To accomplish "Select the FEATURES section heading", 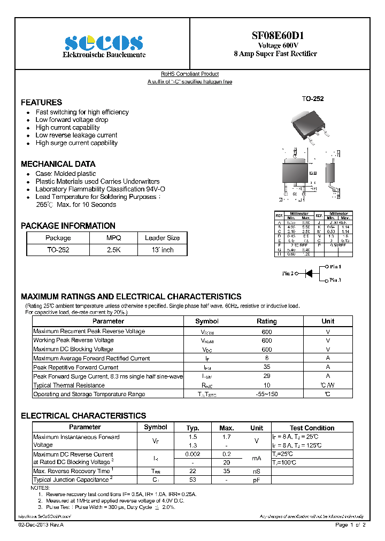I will (x=41, y=102).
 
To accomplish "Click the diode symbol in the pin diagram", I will (x=309, y=273).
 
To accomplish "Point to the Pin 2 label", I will (x=288, y=274).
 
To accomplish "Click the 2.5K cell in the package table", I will (x=113, y=250).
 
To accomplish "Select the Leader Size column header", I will (x=162, y=238).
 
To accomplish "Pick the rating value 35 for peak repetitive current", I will (x=266, y=367).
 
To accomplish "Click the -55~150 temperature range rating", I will (x=266, y=394).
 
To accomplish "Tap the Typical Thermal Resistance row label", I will (x=69, y=385).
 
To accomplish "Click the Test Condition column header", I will (x=312, y=428).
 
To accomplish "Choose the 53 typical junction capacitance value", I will (x=192, y=480).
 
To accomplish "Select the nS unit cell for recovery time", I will (x=257, y=471).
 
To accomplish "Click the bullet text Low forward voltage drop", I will (x=72, y=120).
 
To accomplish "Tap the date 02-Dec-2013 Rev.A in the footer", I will (x=41, y=525).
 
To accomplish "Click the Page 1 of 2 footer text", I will (x=350, y=525).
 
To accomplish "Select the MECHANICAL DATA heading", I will (x=58, y=164).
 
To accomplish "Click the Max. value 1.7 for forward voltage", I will (x=227, y=437).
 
